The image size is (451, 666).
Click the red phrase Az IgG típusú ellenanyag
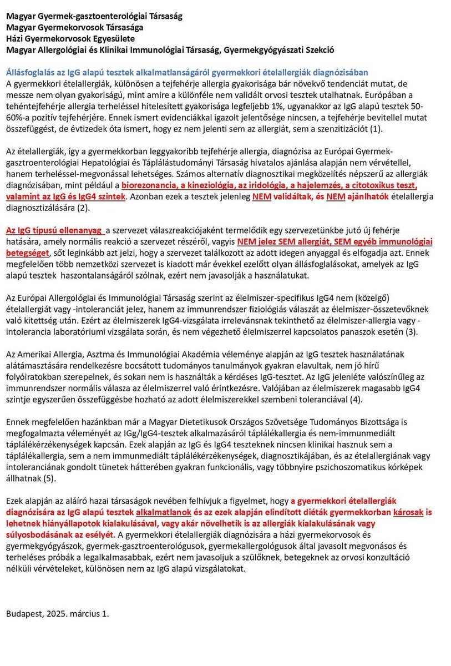54,230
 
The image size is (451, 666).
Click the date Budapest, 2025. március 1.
58,613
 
